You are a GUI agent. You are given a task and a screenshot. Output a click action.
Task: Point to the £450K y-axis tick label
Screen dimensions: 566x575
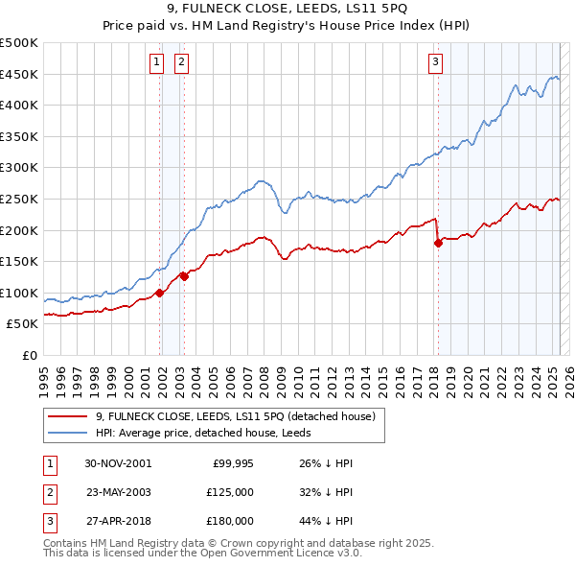click(x=19, y=74)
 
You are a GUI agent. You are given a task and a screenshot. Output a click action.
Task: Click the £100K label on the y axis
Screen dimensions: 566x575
click(x=19, y=293)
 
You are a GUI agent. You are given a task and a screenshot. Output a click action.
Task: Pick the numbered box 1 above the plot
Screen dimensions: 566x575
click(x=156, y=63)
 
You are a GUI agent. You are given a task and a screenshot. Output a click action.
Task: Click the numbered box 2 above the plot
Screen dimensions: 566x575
click(x=181, y=63)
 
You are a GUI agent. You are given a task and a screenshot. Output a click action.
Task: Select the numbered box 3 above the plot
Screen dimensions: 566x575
click(x=435, y=63)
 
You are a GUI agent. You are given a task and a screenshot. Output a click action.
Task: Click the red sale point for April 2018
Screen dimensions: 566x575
click(x=438, y=243)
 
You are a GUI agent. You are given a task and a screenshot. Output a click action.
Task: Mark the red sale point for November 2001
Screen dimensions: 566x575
click(x=160, y=293)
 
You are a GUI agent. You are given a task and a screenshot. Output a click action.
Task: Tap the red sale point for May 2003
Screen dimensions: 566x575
click(x=184, y=276)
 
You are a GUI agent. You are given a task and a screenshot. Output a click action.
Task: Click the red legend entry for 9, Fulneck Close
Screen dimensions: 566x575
click(x=241, y=416)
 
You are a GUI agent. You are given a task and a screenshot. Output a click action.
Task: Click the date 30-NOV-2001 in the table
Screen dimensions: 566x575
click(x=118, y=463)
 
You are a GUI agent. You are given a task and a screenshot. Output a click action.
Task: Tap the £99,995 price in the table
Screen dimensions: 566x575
click(x=233, y=463)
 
